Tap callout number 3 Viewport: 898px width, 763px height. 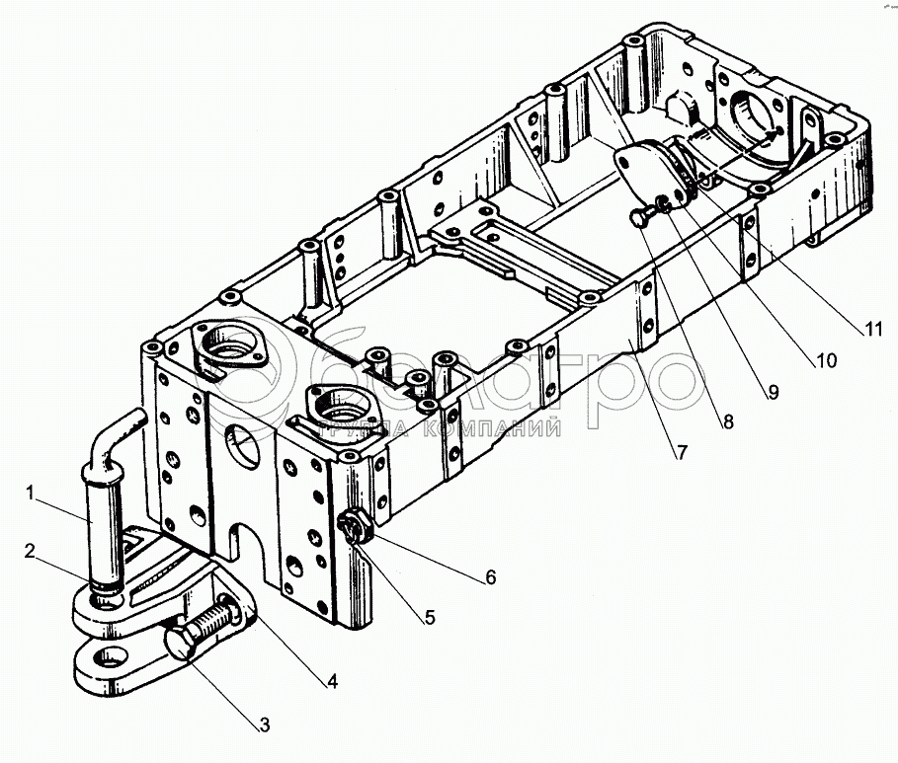click(264, 726)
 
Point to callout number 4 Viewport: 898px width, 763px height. click(333, 680)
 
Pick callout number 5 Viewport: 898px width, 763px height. click(430, 619)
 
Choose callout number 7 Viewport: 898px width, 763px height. click(682, 453)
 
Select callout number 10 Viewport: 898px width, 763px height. click(826, 361)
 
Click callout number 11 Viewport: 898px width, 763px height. click(869, 330)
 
